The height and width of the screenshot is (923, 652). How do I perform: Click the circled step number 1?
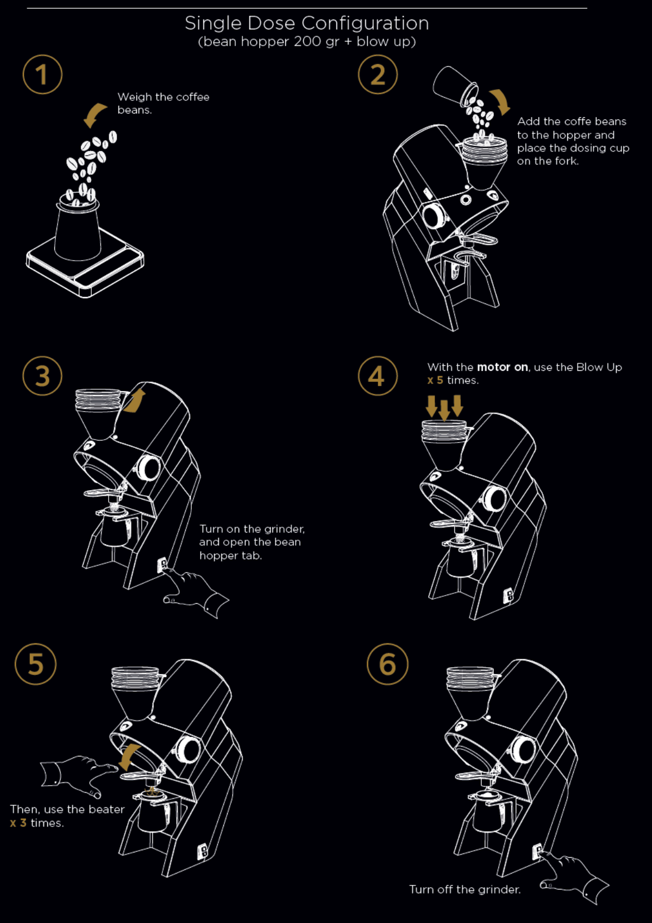42,74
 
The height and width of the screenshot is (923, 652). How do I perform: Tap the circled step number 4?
378,376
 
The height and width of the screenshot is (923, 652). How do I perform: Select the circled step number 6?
387,664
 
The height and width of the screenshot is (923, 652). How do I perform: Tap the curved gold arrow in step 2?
500,102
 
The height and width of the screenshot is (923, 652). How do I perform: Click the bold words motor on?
502,368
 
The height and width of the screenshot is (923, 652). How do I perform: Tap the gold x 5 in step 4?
435,380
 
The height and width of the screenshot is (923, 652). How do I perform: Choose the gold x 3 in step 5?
18,823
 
